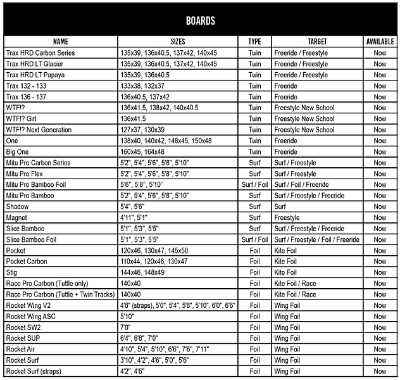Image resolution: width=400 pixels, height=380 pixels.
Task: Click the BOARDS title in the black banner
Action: (x=200, y=20)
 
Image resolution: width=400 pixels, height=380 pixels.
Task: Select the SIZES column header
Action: (x=178, y=41)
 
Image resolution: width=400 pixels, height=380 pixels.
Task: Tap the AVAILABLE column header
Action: (x=380, y=41)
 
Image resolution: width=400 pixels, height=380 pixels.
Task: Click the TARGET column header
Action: (x=316, y=41)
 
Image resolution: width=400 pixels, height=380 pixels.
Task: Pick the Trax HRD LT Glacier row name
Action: (x=35, y=64)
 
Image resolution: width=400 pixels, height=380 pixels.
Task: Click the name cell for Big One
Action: (x=18, y=152)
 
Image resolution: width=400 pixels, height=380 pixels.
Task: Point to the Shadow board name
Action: (x=17, y=206)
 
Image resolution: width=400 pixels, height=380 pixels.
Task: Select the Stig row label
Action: (x=12, y=272)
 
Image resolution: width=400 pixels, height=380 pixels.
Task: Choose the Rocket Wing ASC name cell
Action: (x=31, y=316)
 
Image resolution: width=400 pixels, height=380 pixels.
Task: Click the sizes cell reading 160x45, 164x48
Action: (x=142, y=152)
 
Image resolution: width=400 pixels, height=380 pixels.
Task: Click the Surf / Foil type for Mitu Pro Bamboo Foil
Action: (x=254, y=185)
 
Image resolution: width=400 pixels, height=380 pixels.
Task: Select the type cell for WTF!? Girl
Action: (x=254, y=119)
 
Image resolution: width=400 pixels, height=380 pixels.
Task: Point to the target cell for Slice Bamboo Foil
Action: (x=316, y=239)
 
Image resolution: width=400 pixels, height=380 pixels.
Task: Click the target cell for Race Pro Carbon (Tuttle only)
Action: (x=295, y=283)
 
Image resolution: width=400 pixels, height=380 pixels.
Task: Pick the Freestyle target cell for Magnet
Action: (x=287, y=218)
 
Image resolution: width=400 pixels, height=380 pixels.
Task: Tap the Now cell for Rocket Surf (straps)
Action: (x=380, y=371)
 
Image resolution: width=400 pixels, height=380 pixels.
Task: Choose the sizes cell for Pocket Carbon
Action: (x=154, y=262)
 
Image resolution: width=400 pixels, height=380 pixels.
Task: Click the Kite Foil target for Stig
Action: (x=285, y=272)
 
